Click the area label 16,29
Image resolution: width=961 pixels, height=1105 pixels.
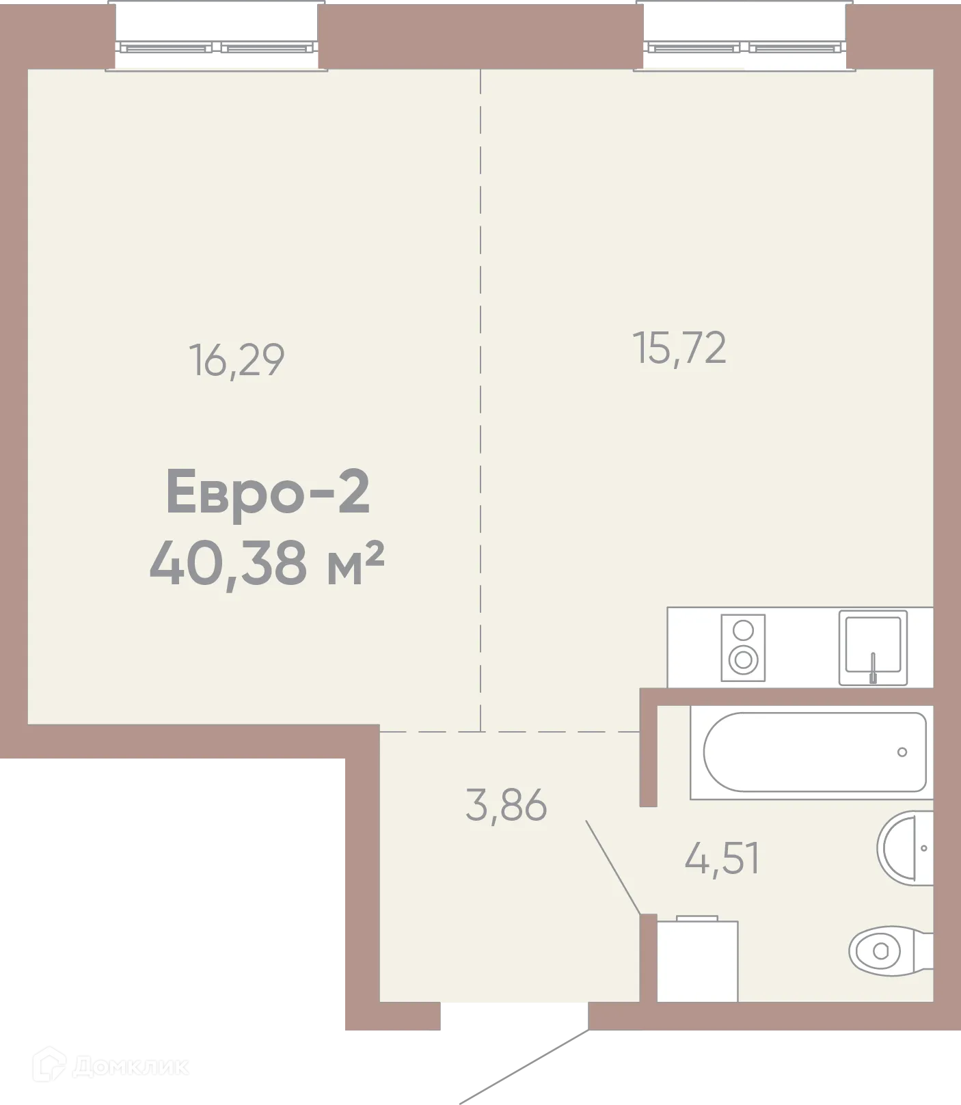(236, 360)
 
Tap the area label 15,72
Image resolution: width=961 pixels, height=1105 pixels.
(679, 348)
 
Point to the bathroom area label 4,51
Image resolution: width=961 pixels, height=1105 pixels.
(722, 858)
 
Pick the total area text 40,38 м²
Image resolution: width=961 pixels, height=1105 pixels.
(267, 563)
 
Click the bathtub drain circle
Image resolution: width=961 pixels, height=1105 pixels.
(902, 752)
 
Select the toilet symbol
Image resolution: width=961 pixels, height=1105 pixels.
(885, 949)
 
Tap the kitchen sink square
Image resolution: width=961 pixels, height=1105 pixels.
(873, 646)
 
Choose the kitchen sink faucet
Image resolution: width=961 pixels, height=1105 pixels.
(873, 668)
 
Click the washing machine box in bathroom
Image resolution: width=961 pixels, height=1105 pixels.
(696, 959)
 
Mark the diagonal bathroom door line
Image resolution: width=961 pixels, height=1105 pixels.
(612, 867)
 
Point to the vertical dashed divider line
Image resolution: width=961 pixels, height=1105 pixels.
(481, 396)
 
